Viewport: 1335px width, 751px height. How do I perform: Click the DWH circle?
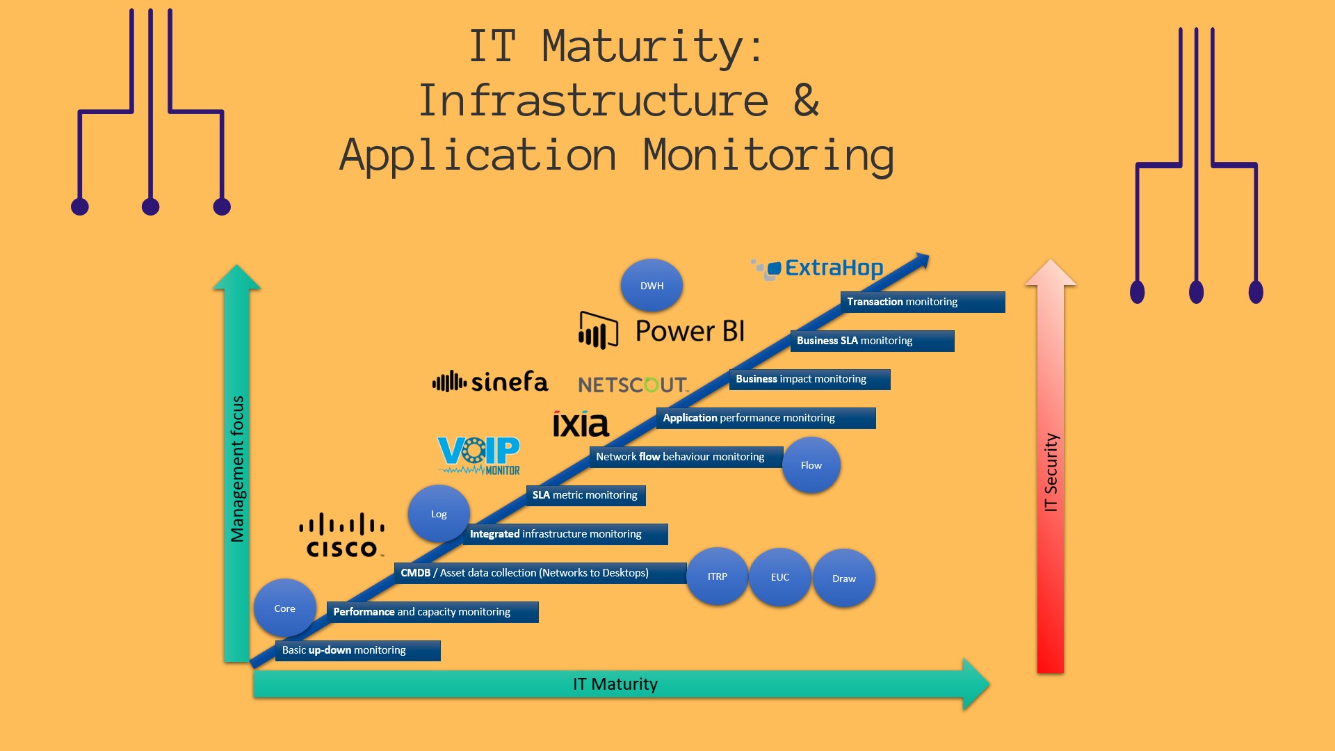[652, 285]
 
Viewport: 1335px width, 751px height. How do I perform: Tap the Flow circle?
[811, 465]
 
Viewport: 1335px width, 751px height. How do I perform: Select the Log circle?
[439, 514]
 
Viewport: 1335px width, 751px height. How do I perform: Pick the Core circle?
[284, 608]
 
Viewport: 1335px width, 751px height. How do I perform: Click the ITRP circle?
[717, 576]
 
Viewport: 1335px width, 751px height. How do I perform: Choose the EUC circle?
[779, 577]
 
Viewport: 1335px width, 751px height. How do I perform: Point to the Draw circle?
[843, 578]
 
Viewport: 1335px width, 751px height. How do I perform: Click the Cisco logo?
[341, 535]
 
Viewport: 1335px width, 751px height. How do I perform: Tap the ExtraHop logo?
[818, 268]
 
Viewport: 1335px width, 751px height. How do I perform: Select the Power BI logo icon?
[598, 330]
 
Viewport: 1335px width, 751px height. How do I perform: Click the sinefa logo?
[490, 382]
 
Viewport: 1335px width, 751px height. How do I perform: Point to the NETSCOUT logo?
[633, 385]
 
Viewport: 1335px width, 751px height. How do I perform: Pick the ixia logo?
[581, 423]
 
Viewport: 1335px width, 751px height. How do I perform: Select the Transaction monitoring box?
[922, 302]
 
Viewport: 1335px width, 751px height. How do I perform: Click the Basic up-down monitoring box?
[357, 650]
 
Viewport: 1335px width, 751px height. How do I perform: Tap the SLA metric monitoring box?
[585, 495]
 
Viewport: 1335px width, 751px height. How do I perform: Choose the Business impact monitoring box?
[809, 379]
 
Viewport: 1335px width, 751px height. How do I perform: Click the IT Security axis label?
[1051, 473]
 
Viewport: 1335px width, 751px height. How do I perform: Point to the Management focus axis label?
[237, 469]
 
